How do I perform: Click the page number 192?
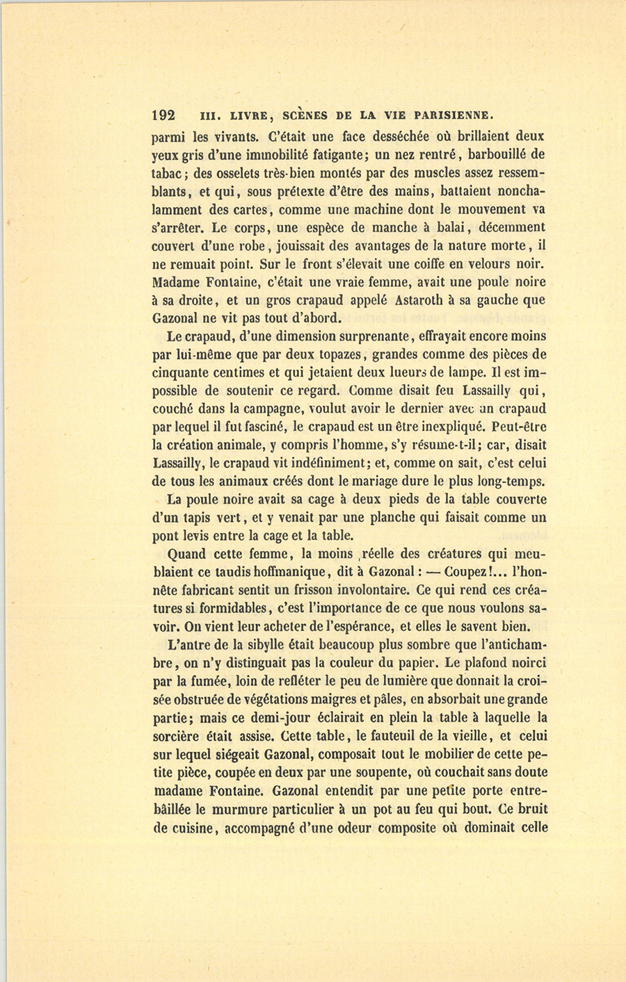pyautogui.click(x=164, y=115)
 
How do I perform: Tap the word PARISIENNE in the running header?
pyautogui.click(x=454, y=115)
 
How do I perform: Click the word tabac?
pyautogui.click(x=166, y=173)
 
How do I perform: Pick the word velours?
pyautogui.click(x=479, y=264)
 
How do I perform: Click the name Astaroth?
pyautogui.click(x=421, y=300)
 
